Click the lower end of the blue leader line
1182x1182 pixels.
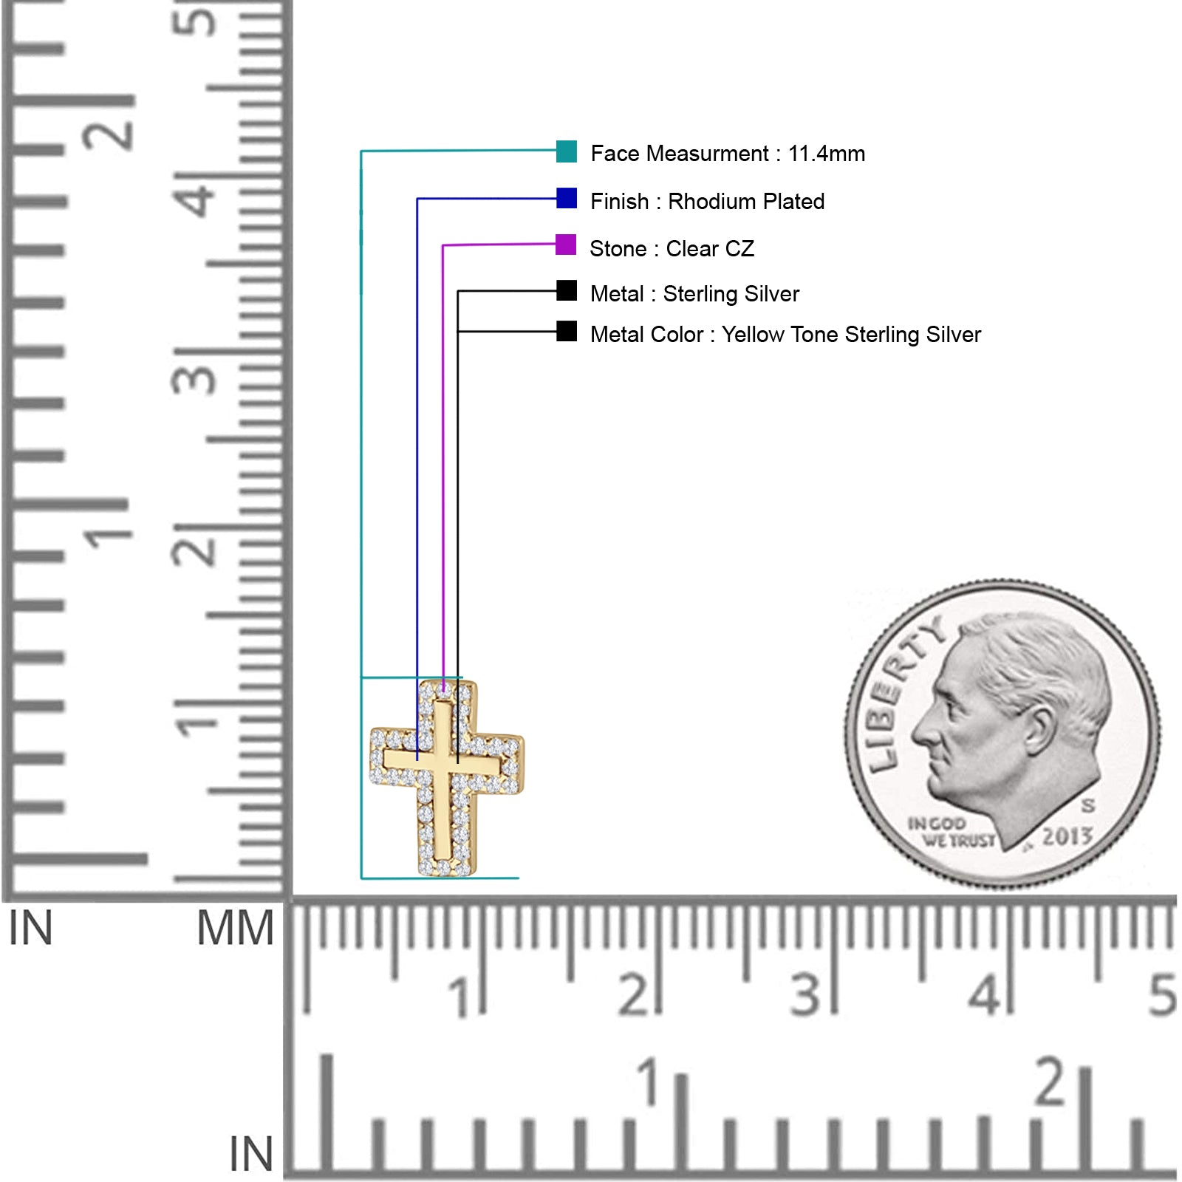pyautogui.click(x=417, y=759)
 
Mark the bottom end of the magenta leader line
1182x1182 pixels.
pyautogui.click(x=443, y=693)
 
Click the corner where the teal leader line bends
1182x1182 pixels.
pyautogui.click(x=361, y=151)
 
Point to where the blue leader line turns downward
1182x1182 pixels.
pyautogui.click(x=417, y=199)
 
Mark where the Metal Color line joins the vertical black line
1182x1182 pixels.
pyautogui.click(x=458, y=332)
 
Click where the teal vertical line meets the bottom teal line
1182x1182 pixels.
pyautogui.click(x=361, y=878)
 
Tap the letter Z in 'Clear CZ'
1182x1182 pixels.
pyautogui.click(x=747, y=249)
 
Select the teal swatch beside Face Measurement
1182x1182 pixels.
pyautogui.click(x=567, y=151)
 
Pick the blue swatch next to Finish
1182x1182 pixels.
pyautogui.click(x=567, y=198)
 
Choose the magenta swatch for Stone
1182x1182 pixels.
pyautogui.click(x=566, y=245)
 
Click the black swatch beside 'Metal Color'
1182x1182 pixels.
pyautogui.click(x=567, y=331)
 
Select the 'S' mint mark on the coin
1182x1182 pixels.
pyautogui.click(x=1088, y=805)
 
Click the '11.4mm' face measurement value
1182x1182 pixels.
pyautogui.click(x=827, y=154)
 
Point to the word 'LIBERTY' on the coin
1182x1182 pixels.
pyautogui.click(x=901, y=691)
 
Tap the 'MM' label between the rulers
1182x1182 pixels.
pyautogui.click(x=236, y=929)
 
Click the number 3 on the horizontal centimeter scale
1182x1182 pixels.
pyautogui.click(x=805, y=995)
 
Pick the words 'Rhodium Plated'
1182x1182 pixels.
pyautogui.click(x=746, y=202)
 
